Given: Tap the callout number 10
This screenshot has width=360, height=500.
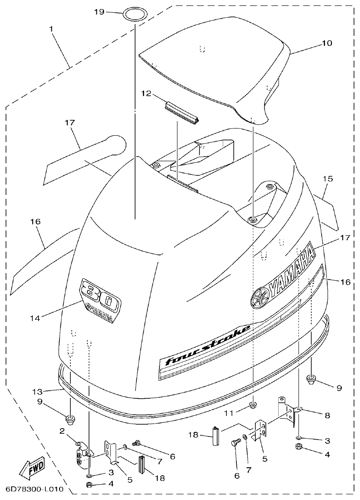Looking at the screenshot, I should [x=327, y=44].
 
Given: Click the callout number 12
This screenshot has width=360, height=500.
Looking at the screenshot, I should [x=145, y=94].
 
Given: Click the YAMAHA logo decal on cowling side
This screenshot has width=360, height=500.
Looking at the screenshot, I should [x=283, y=276].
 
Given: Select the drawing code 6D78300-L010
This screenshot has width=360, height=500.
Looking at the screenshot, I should [x=34, y=490].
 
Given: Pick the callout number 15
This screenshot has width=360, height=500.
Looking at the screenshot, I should [x=328, y=179].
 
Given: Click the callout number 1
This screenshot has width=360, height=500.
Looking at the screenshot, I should [x=52, y=29].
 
